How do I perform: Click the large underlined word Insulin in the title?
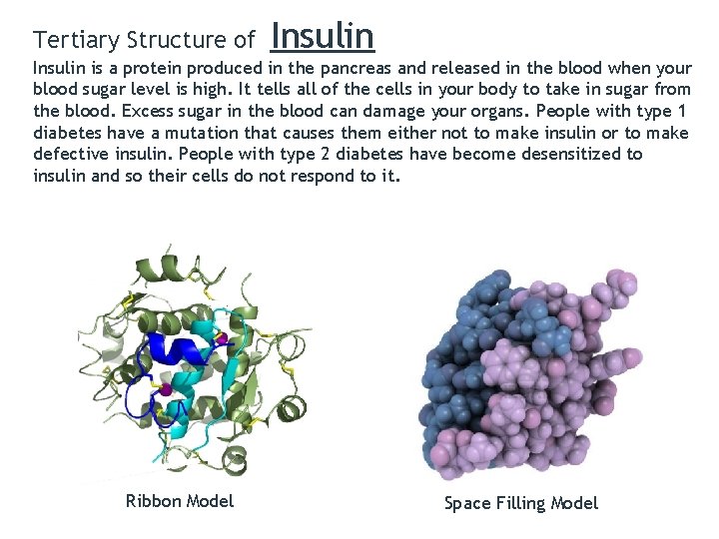pos(322,36)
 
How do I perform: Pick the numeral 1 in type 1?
pos(681,112)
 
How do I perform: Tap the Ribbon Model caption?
pos(180,501)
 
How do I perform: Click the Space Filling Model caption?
pos(521,503)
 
